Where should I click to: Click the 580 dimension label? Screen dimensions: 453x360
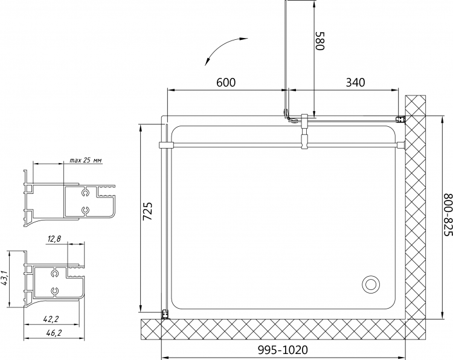tap(320, 40)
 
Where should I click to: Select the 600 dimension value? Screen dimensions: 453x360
tap(226, 82)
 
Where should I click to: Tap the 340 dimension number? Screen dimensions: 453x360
tap(355, 82)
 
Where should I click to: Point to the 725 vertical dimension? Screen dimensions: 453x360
tap(148, 211)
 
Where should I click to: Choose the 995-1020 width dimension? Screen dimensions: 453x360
tap(283, 350)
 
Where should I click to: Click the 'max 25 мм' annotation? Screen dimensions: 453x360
tap(86, 160)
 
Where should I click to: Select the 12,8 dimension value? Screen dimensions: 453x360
tap(54, 239)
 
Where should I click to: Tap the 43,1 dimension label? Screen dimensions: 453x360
tap(4, 279)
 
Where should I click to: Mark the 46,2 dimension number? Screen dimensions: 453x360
tap(54, 333)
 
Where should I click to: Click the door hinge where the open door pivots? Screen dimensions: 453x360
tap(287, 114)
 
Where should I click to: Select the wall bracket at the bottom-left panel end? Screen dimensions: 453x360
tap(165, 314)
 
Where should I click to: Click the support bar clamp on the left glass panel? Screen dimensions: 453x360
tap(166, 145)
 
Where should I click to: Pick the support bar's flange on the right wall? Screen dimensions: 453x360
tap(401, 145)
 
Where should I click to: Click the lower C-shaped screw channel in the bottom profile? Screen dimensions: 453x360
tap(54, 292)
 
